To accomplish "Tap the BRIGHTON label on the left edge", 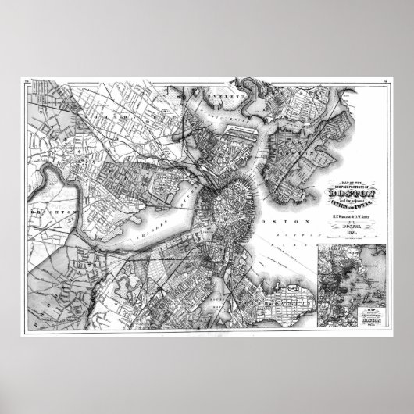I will click(45, 210).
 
